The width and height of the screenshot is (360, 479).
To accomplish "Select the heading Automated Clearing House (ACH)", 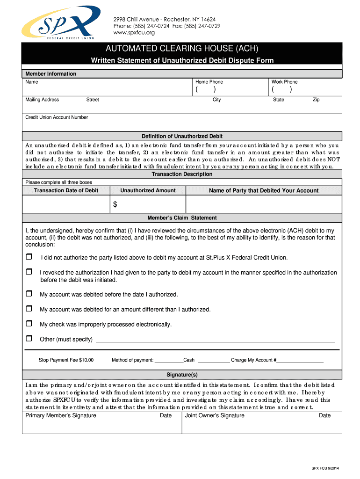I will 182,49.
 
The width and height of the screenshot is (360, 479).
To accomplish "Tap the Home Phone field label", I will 209,82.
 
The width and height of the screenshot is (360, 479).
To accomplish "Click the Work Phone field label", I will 284,82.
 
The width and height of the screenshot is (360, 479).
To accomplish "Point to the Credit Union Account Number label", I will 57,117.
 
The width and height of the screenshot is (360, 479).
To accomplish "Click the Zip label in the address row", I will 316,100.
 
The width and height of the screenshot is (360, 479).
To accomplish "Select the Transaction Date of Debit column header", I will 66,190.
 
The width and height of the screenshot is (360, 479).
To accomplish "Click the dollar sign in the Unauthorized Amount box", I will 115,204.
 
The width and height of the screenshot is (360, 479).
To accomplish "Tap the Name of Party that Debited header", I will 264,190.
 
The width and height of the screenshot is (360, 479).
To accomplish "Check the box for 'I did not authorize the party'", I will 29,257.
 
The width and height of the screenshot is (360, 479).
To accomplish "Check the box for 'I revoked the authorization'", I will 29,272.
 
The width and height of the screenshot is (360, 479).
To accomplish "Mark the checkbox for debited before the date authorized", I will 29,294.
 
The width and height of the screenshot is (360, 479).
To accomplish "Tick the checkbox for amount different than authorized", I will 29,309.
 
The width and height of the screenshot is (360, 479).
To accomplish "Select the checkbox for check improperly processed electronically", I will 29,324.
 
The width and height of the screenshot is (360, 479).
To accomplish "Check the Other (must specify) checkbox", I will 29,339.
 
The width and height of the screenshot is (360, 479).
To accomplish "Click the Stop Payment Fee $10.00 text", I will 66,360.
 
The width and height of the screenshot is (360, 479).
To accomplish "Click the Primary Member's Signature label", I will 61,415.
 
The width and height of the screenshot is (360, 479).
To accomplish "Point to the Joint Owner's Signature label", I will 215,415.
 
